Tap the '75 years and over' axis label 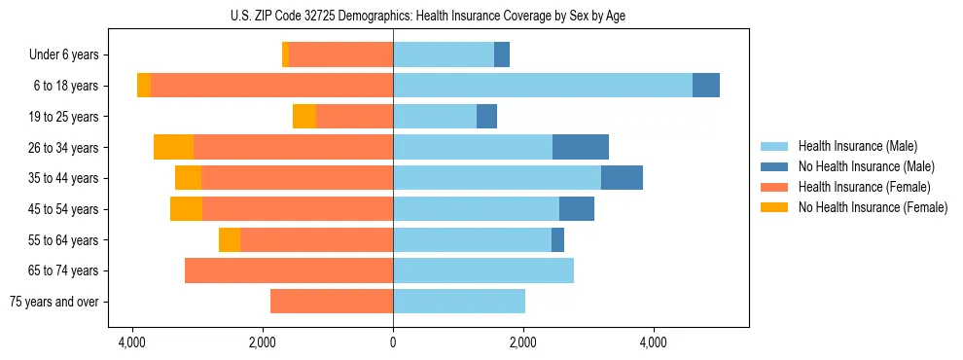(54, 302)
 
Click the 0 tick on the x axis (393, 342)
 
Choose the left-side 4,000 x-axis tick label (132, 342)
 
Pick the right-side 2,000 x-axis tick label (523, 342)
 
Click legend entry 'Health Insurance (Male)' (857, 146)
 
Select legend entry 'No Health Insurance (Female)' (873, 207)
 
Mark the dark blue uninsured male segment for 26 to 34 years (581, 147)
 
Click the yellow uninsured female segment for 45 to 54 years (186, 209)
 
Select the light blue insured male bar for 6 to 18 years (543, 86)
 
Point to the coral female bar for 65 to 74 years (289, 270)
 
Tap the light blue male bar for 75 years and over (459, 302)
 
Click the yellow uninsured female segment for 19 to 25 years (304, 117)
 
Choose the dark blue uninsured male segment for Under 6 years (502, 55)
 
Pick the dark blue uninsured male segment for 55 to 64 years (557, 239)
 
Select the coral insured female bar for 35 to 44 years (297, 178)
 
